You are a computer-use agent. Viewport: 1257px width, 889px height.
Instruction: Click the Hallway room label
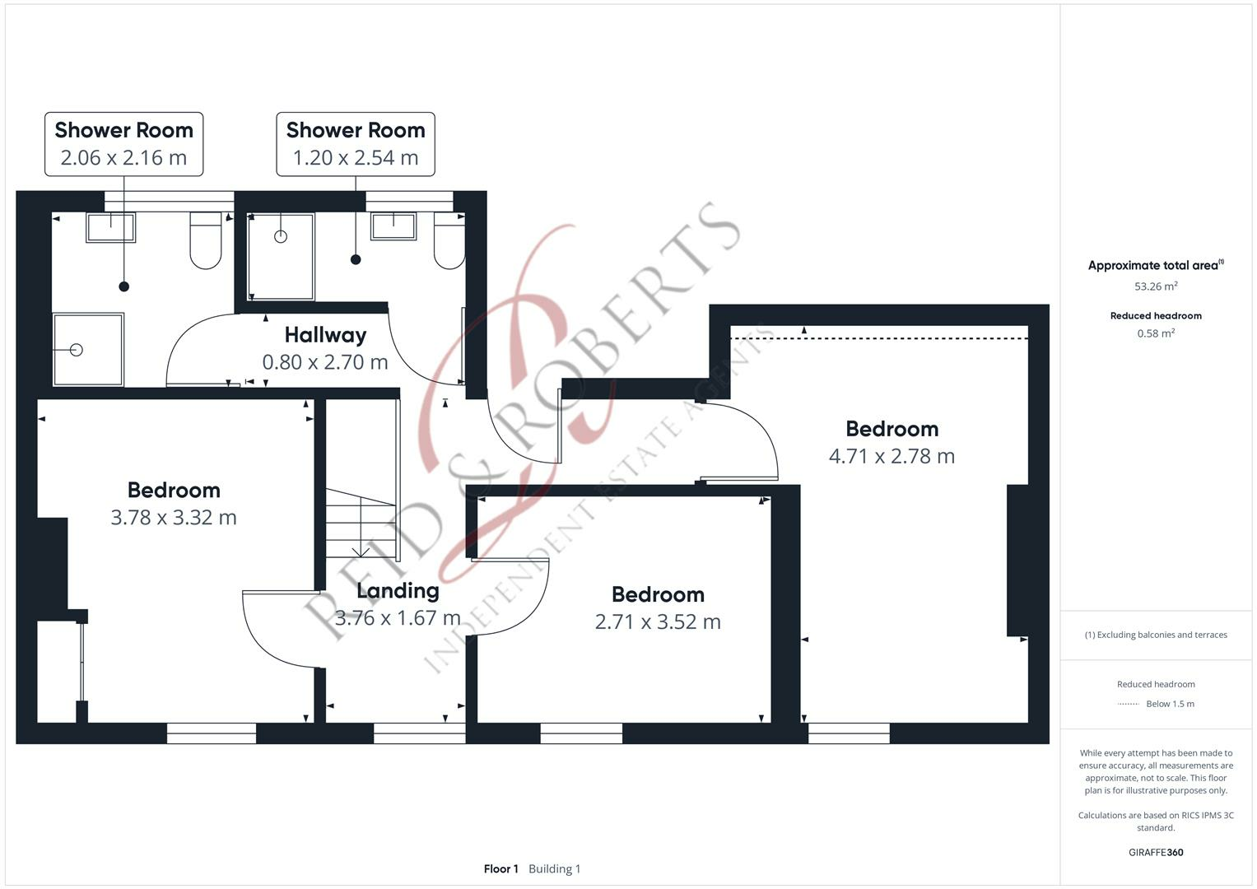325,335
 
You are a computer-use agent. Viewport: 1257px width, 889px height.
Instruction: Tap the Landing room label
398,590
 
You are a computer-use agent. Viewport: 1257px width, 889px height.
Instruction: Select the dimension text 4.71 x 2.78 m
892,456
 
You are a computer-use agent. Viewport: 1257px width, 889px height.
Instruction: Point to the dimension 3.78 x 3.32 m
174,518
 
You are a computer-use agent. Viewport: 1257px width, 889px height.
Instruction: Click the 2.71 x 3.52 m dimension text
658,621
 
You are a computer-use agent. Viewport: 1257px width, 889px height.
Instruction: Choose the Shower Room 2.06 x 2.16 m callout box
123,144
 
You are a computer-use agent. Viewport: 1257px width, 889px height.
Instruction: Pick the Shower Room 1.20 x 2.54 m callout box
356,144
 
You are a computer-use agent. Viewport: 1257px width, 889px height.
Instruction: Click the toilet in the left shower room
206,240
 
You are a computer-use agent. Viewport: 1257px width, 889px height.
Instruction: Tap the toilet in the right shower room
449,241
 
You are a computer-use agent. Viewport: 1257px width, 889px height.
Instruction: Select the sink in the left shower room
111,227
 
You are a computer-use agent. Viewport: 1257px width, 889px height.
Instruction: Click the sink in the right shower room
393,226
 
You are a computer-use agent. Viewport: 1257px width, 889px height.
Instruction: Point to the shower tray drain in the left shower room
77,350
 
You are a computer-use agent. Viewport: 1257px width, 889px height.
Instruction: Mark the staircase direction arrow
361,551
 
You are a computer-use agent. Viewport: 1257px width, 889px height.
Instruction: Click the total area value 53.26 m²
1156,286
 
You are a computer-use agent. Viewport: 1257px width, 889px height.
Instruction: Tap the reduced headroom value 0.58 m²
1156,333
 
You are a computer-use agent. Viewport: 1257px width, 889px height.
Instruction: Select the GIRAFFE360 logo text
1156,853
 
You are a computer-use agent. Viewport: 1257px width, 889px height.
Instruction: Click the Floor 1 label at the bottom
500,869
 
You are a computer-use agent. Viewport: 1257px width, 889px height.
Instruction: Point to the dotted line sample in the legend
1129,704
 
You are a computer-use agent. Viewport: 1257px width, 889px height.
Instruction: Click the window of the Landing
419,733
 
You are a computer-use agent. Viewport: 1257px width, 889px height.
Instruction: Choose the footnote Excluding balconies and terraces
1156,635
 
